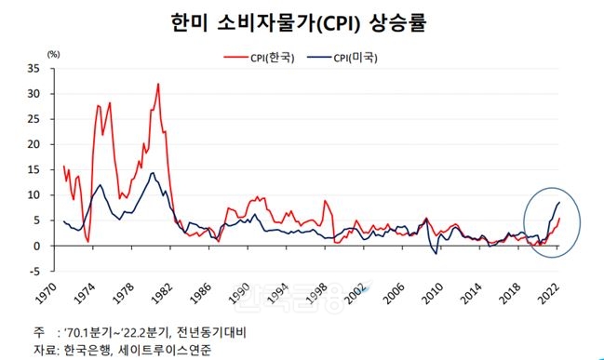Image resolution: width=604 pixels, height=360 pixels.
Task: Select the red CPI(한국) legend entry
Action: tap(260, 58)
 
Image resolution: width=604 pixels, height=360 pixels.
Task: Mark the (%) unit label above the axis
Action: tap(53, 53)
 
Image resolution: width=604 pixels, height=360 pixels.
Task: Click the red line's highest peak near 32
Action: tap(158, 84)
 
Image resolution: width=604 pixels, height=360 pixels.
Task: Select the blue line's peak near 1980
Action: tap(152, 173)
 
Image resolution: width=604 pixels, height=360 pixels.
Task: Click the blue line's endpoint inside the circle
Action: tap(559, 202)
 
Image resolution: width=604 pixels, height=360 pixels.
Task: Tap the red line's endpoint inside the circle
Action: tap(559, 220)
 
